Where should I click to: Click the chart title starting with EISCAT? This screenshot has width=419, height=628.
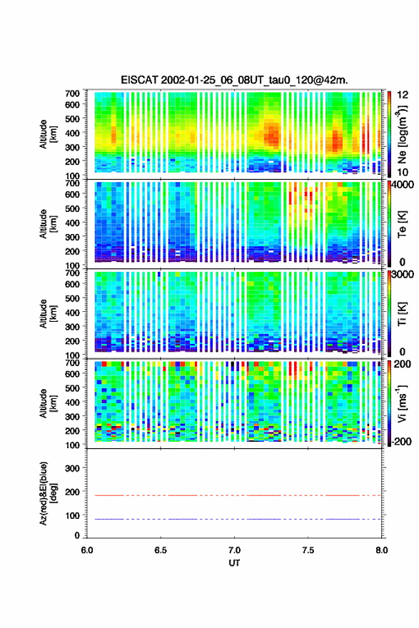click(x=234, y=80)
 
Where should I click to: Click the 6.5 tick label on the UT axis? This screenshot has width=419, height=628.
click(x=161, y=550)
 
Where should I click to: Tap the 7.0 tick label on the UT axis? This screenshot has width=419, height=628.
click(x=234, y=550)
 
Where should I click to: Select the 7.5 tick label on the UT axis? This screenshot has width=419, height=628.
click(x=308, y=550)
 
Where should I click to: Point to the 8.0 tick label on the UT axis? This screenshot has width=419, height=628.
click(x=381, y=550)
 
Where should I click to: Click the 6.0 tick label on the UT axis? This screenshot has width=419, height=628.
click(x=87, y=550)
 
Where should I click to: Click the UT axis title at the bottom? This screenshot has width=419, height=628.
click(x=234, y=563)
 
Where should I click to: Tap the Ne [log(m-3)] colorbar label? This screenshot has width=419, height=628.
click(x=402, y=135)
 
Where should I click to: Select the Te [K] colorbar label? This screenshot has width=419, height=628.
click(x=402, y=224)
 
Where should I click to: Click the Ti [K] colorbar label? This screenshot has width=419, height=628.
click(x=402, y=314)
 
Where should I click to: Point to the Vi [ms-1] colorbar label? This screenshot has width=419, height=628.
click(x=402, y=404)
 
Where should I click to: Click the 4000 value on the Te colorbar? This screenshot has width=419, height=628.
click(x=402, y=185)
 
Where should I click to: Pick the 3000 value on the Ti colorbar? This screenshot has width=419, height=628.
click(x=402, y=274)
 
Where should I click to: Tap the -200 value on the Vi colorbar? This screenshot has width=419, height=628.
click(x=402, y=441)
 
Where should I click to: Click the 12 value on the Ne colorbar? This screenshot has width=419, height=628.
click(x=403, y=95)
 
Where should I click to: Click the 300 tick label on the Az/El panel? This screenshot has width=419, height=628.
click(x=73, y=468)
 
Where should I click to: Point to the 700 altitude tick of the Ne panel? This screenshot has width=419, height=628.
click(x=73, y=93)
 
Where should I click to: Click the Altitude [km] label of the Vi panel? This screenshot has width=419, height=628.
click(x=48, y=403)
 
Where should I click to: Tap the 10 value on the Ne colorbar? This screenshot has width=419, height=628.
click(x=403, y=172)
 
